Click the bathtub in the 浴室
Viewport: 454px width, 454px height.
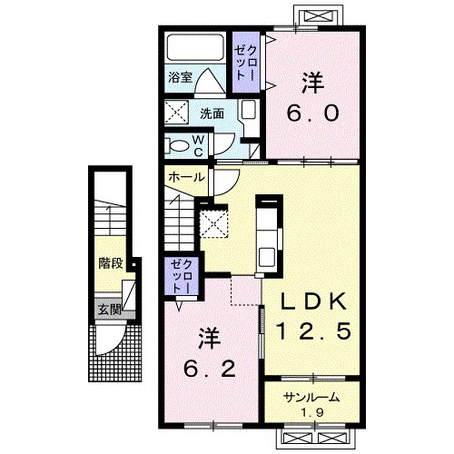click(x=195, y=47)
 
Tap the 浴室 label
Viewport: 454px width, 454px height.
click(x=181, y=77)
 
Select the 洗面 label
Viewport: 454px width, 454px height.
click(x=212, y=113)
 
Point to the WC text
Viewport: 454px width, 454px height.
click(x=198, y=146)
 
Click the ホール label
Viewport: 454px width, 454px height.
click(x=186, y=177)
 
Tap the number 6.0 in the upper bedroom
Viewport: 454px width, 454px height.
click(x=313, y=113)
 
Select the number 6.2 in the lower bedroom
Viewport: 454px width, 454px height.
click(x=210, y=369)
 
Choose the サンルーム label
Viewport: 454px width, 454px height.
click(x=311, y=397)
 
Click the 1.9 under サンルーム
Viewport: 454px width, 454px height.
click(x=312, y=412)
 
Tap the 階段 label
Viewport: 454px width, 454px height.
click(x=111, y=263)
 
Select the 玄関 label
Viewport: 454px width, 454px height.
click(x=109, y=310)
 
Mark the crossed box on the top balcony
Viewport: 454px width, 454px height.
click(x=320, y=15)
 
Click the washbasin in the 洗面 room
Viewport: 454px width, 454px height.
click(x=249, y=110)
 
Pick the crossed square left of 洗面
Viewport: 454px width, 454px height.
click(x=176, y=113)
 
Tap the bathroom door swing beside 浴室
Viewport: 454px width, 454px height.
click(x=210, y=81)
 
